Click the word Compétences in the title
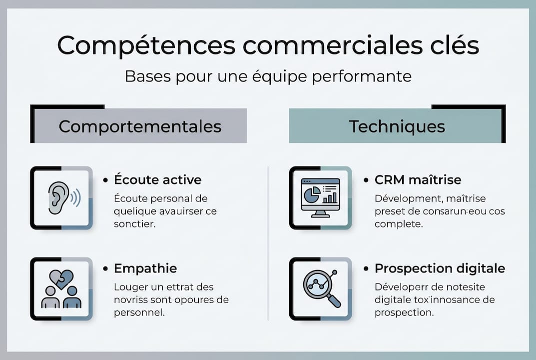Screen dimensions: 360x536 tap(145, 45)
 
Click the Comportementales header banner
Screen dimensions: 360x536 tap(140, 126)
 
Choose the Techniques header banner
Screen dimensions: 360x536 tap(397, 126)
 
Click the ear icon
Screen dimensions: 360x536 tap(59, 197)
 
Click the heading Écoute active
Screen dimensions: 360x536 tap(157, 179)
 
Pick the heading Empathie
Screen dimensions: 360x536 tap(145, 268)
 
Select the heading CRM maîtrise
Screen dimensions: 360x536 tap(418, 179)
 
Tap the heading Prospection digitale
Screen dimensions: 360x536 tap(440, 268)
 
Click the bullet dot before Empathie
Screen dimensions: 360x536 tap(105, 268)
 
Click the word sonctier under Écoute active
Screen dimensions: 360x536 tap(134, 224)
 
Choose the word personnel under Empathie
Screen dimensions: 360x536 tap(139, 312)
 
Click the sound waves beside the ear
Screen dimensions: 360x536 tap(75, 198)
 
